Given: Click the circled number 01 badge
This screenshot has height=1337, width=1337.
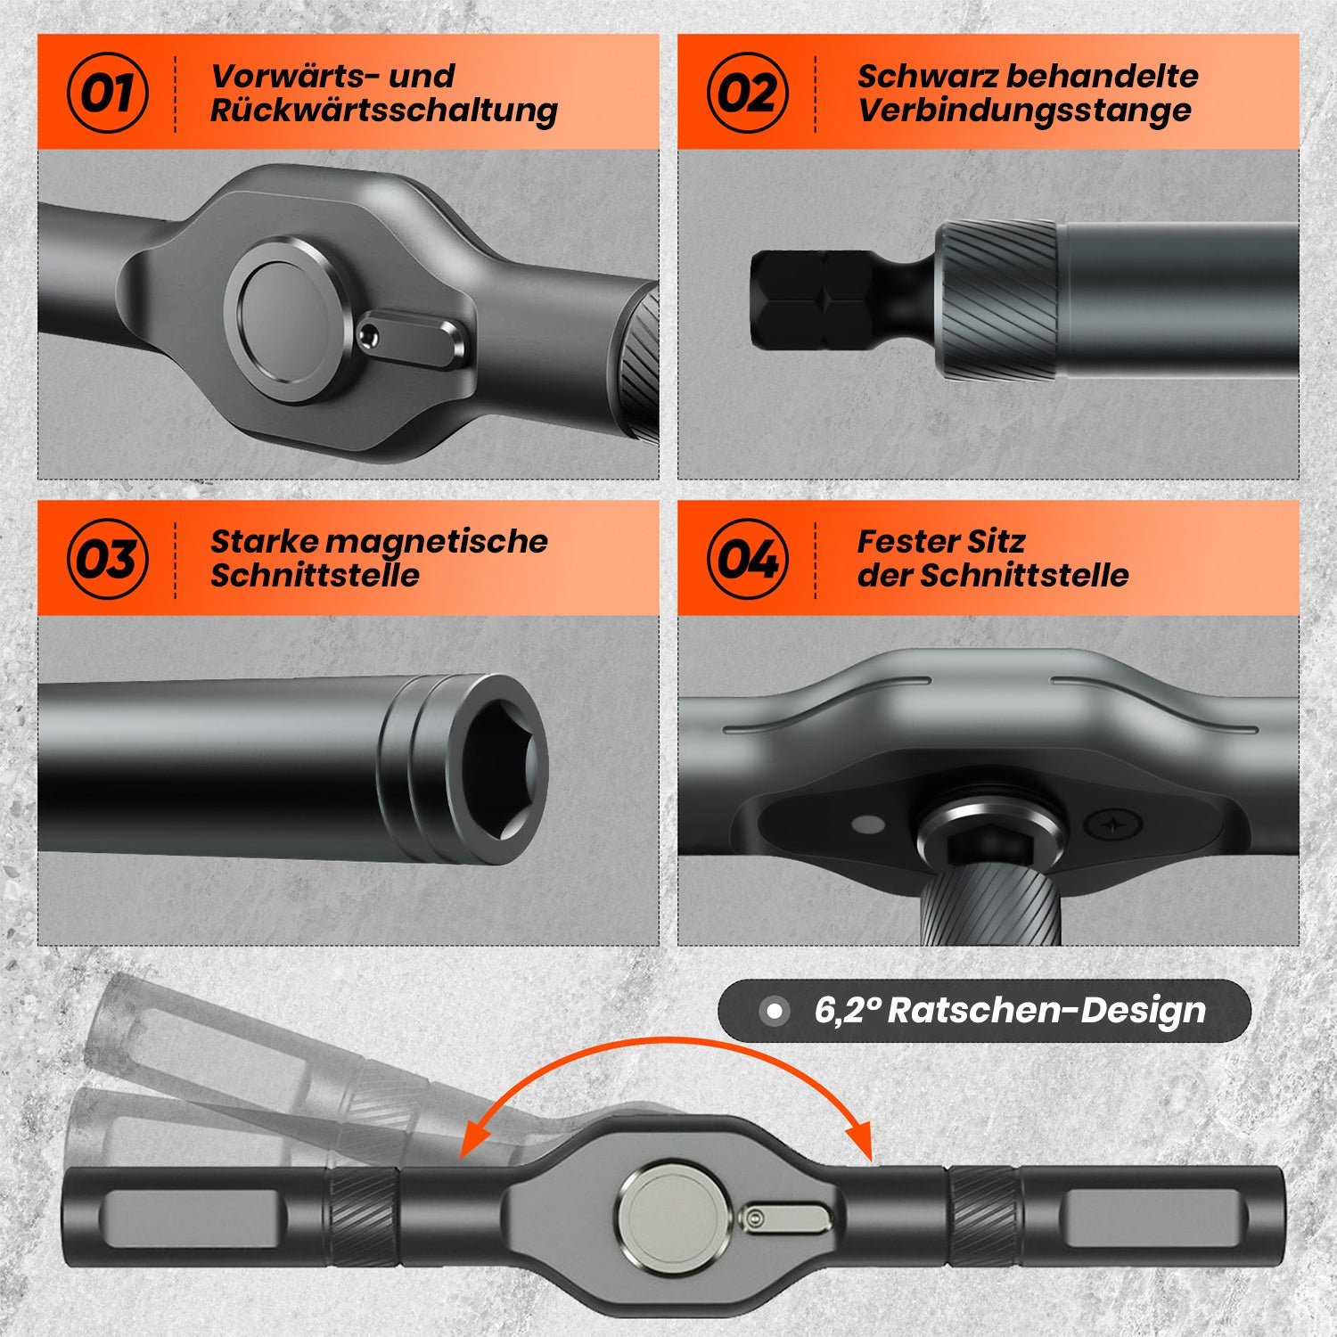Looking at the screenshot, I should [107, 93].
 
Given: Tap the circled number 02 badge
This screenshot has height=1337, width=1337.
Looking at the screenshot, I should [747, 93].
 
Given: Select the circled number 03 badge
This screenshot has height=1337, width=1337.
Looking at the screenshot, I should [107, 559].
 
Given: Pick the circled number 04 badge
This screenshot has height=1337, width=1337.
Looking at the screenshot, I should [747, 559].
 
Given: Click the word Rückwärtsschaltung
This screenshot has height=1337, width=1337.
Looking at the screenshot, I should [383, 111].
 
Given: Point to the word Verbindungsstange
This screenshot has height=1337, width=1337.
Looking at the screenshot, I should [1023, 111].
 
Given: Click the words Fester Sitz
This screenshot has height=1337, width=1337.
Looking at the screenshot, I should [940, 541].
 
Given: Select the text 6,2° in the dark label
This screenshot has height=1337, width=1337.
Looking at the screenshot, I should [847, 1011].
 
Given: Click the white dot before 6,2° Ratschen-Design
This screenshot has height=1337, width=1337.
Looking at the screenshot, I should [775, 1011].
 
